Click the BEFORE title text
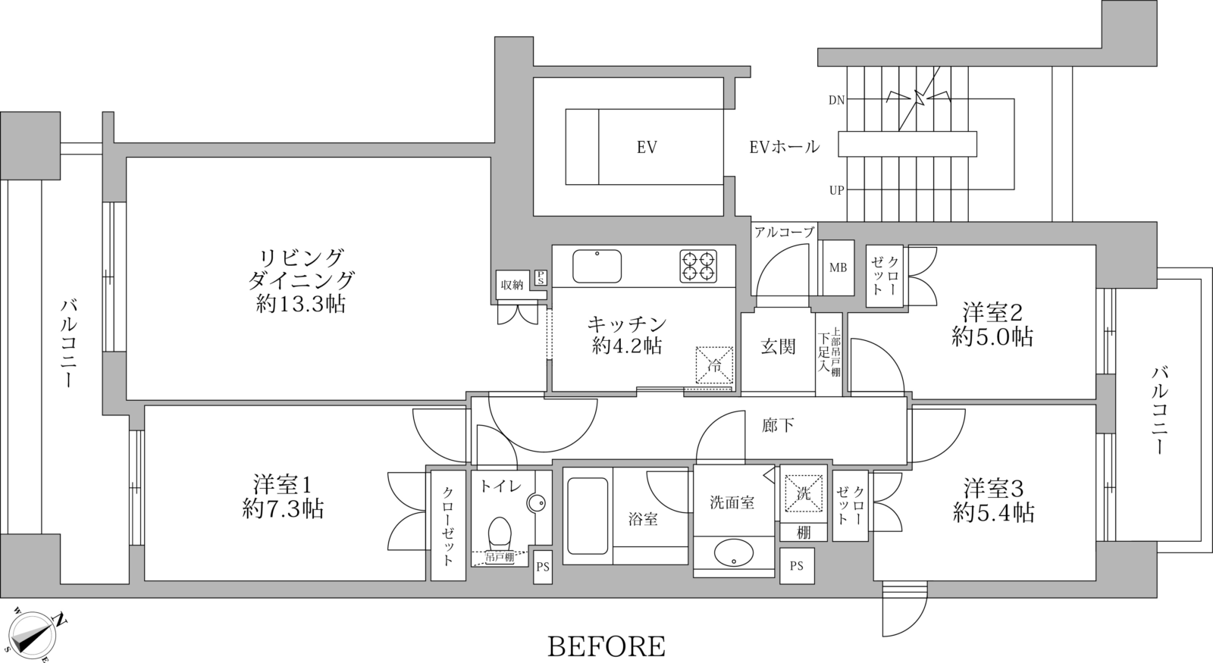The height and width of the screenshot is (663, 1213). [606, 646]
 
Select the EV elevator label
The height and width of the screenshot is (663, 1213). [646, 147]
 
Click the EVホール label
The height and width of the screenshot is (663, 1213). [784, 147]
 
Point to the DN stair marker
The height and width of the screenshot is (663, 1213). [836, 100]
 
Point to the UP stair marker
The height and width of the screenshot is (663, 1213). [836, 190]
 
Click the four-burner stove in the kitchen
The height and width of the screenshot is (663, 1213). [698, 266]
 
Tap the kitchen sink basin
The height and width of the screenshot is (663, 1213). [597, 266]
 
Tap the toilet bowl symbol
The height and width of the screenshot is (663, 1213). [499, 533]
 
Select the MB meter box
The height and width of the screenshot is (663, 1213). [838, 268]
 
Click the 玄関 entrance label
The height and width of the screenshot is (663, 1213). [778, 347]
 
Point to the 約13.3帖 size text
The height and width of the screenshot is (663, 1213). [301, 305]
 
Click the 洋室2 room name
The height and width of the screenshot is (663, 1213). [993, 311]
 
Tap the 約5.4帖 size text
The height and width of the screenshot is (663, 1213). [994, 513]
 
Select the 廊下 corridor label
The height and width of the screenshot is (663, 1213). [779, 425]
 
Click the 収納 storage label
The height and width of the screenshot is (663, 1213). [512, 285]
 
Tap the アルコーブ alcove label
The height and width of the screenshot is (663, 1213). [784, 233]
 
